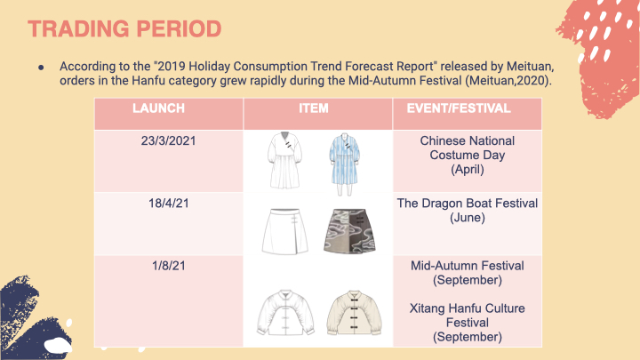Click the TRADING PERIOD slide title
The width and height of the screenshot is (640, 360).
tap(124, 29)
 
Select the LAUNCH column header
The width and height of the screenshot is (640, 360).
tap(158, 108)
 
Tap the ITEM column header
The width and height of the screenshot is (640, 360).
tap(314, 108)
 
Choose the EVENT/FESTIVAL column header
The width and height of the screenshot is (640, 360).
tap(459, 108)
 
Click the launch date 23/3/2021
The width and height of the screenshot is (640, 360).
tap(169, 140)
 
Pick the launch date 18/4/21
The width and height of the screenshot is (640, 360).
tap(169, 204)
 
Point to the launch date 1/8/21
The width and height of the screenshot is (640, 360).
tap(169, 266)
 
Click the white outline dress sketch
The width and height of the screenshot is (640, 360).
tap(284, 160)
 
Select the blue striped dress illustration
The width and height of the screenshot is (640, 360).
tap(345, 164)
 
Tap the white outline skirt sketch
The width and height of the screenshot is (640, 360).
tap(285, 231)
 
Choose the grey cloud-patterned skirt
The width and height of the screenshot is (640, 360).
tap(349, 231)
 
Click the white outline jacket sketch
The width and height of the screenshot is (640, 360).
tap(285, 313)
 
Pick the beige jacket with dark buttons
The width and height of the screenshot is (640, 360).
tap(354, 313)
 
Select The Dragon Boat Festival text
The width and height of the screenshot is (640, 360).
tap(468, 204)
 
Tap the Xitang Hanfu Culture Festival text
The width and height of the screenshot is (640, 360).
tap(468, 316)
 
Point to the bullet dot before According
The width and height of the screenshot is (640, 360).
tap(41, 68)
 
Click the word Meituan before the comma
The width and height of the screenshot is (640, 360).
tap(530, 66)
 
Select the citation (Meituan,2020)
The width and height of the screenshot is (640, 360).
tap(508, 80)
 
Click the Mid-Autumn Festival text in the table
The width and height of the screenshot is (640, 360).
tap(468, 266)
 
